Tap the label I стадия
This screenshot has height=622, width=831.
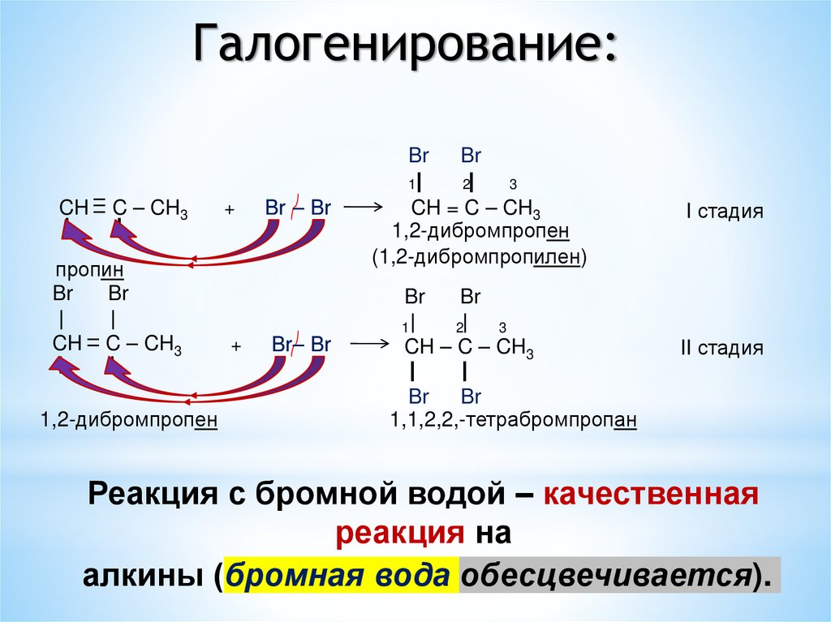[x=725, y=212]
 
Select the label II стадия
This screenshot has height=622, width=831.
[x=721, y=349]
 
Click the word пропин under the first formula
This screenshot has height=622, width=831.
[x=89, y=269]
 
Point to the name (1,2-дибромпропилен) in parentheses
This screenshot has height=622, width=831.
[x=479, y=258]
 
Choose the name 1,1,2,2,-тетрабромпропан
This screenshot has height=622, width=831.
[x=513, y=421]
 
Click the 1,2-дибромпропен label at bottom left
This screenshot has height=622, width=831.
[x=129, y=421]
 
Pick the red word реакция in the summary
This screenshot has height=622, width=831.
[x=396, y=533]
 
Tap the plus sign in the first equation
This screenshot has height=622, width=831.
[x=230, y=209]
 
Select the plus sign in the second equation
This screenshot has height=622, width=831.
[x=236, y=346]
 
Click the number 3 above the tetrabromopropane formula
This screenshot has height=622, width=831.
[x=502, y=328]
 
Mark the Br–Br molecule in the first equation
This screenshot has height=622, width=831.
[x=297, y=208]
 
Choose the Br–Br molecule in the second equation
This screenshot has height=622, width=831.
[x=301, y=344]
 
